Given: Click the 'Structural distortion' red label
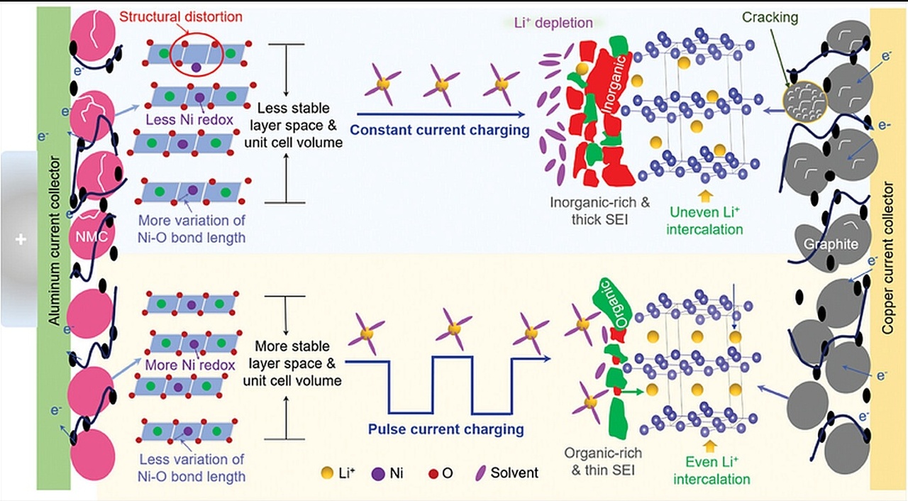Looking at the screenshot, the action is pyautogui.click(x=181, y=17).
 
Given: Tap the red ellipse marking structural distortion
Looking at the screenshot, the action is pyautogui.click(x=196, y=35).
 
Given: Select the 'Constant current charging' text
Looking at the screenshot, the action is pyautogui.click(x=440, y=131).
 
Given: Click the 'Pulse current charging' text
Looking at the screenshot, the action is pyautogui.click(x=446, y=429).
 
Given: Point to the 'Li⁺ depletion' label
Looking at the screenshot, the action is pyautogui.click(x=553, y=23).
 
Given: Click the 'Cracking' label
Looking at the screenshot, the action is pyautogui.click(x=770, y=17).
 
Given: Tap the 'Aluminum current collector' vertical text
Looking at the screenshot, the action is pyautogui.click(x=54, y=241).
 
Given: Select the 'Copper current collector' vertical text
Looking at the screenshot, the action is pyautogui.click(x=887, y=258).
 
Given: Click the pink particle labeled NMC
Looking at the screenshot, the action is pyautogui.click(x=92, y=235).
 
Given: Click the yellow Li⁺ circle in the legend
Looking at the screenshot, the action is pyautogui.click(x=327, y=473).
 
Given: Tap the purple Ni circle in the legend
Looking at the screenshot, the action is pyautogui.click(x=378, y=473).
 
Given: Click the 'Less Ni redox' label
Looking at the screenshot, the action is pyautogui.click(x=189, y=120).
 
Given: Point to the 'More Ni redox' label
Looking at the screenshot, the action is pyautogui.click(x=190, y=365).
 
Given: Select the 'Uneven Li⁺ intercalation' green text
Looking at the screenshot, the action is pyautogui.click(x=704, y=221).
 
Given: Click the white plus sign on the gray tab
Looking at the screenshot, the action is pyautogui.click(x=21, y=240).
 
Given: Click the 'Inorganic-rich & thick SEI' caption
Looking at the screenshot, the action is pyautogui.click(x=600, y=211).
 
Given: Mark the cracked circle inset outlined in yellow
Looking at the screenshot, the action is pyautogui.click(x=804, y=101).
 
